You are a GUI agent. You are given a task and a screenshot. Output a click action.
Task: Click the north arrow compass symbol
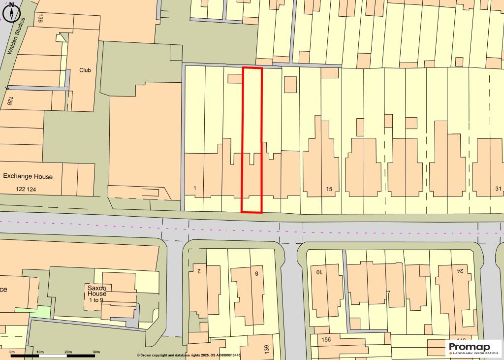coord(11,11)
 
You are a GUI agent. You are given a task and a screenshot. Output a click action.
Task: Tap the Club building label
coord(85,70)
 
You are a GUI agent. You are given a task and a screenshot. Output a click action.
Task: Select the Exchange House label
coord(28,176)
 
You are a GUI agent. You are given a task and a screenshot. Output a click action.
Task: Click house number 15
coord(329,189)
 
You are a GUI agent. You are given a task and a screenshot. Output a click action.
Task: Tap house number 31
coord(498,189)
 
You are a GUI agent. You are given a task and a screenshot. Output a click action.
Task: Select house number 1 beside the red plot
coord(195,188)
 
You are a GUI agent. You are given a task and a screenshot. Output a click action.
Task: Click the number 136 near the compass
coord(40,18)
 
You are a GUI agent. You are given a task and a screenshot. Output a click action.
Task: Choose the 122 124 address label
coord(26,189)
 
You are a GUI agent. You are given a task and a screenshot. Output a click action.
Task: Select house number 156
coord(326,340)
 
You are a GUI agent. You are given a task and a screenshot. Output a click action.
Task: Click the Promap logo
coord(473,348)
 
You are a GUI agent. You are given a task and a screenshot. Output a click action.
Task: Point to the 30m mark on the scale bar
coord(96,352)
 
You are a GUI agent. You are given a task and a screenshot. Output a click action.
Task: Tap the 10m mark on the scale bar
coord(40,352)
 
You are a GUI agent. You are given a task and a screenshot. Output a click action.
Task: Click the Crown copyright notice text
coord(189,355)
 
